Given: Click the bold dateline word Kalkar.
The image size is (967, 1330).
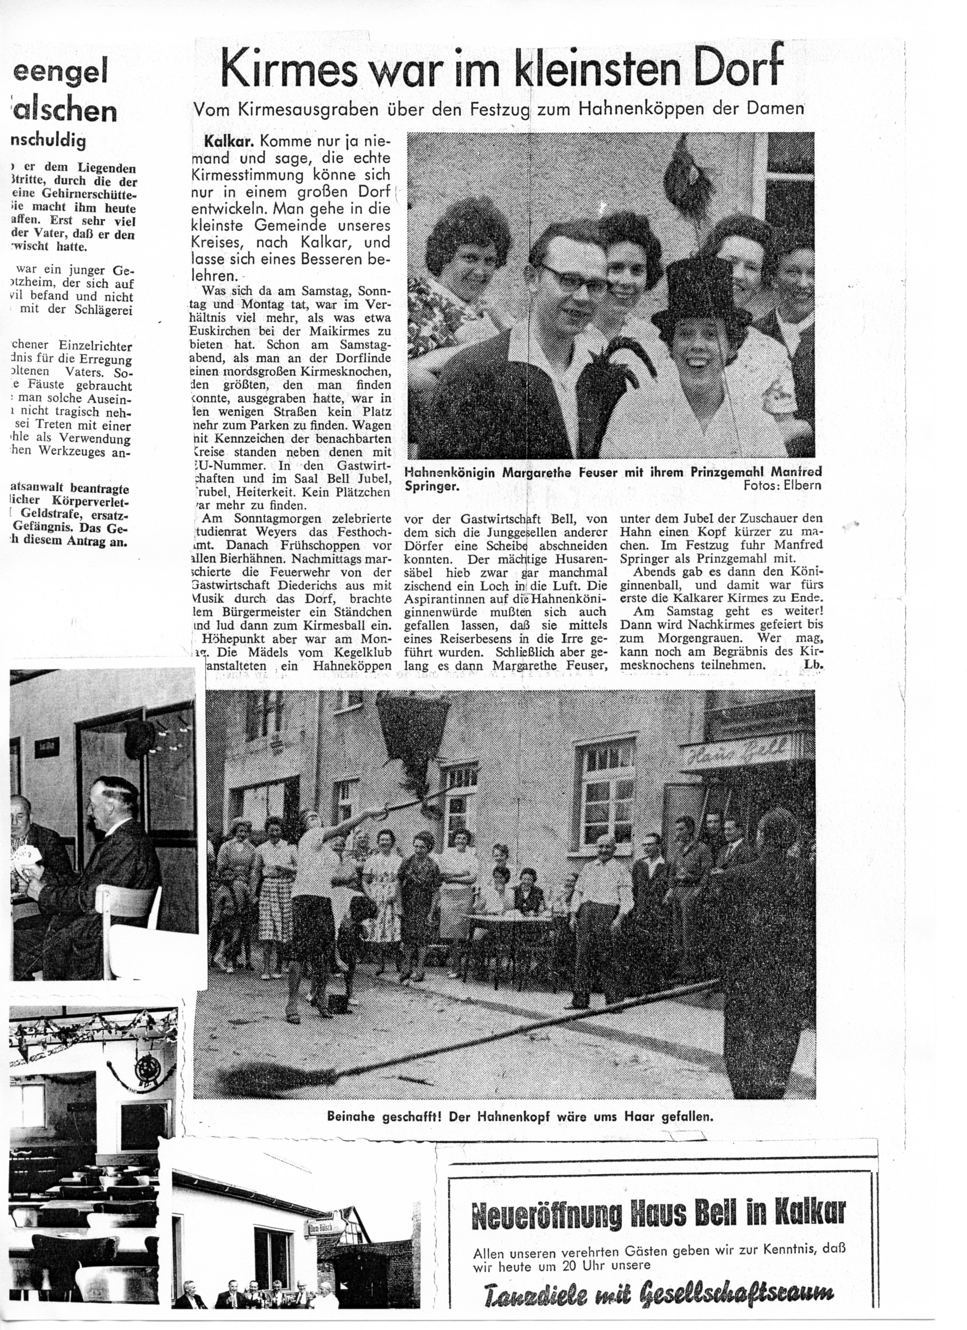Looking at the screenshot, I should [x=228, y=141].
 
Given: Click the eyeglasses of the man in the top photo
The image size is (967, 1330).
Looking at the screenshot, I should [x=572, y=280].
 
